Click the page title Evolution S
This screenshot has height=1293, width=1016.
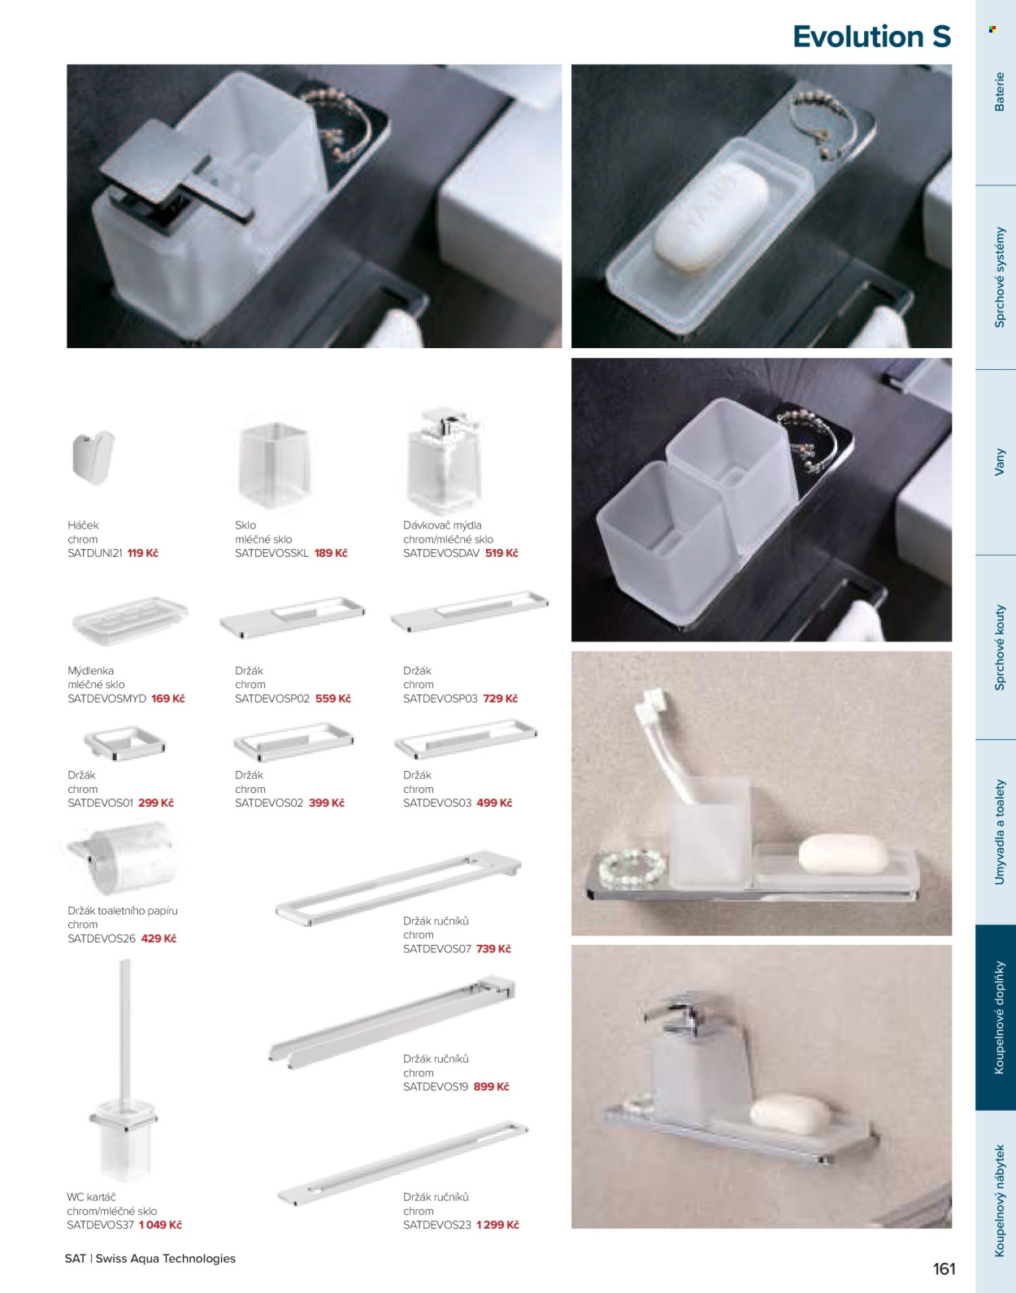(871, 36)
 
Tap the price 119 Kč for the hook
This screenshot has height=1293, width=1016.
(143, 553)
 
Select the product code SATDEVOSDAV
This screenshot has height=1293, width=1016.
(441, 553)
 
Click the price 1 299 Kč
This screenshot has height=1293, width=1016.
(497, 1225)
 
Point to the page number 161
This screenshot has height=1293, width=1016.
(944, 1269)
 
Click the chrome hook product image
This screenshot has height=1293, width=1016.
(93, 457)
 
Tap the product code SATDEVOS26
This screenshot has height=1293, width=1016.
(102, 938)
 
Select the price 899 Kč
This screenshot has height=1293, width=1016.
(491, 1086)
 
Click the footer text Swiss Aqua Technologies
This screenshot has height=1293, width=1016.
(166, 1258)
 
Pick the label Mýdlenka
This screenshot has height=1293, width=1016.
(91, 671)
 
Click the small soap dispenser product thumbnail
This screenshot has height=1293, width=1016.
(445, 459)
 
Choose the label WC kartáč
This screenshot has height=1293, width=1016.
(91, 1197)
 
